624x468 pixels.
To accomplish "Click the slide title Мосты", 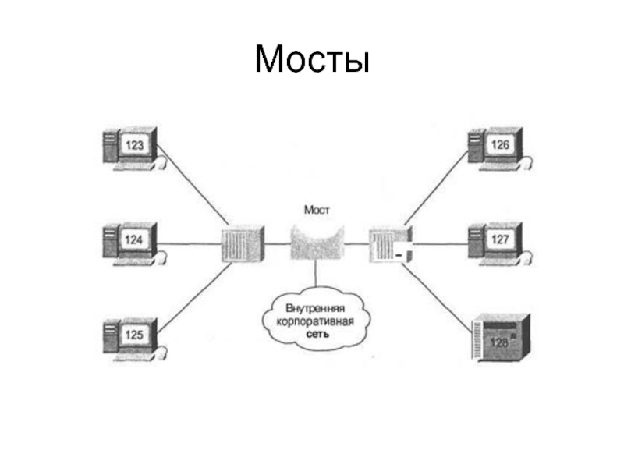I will tap(311, 58).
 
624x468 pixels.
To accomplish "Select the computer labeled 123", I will tap(131, 147).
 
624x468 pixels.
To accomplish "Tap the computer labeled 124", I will tap(131, 241).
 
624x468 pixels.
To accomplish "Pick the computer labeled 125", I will tap(131, 336).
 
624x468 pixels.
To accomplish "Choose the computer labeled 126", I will tap(497, 147).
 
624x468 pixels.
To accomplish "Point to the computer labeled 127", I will tap(497, 241).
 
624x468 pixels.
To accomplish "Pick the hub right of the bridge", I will tap(387, 244).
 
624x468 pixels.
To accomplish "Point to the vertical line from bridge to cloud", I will tap(316, 274).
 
